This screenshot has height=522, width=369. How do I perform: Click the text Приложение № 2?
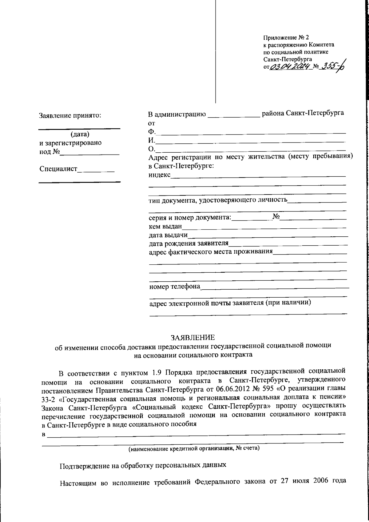click(x=286, y=38)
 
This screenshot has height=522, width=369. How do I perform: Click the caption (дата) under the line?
click(x=80, y=134)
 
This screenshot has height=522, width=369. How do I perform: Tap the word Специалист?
click(x=58, y=169)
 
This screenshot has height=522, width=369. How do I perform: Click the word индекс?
click(x=159, y=175)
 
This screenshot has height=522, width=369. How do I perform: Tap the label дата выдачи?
click(x=168, y=235)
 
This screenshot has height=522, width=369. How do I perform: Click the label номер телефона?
click(x=174, y=287)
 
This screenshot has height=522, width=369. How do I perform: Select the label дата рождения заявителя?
click(x=188, y=244)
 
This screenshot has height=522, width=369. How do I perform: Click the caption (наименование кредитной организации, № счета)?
click(x=194, y=448)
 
